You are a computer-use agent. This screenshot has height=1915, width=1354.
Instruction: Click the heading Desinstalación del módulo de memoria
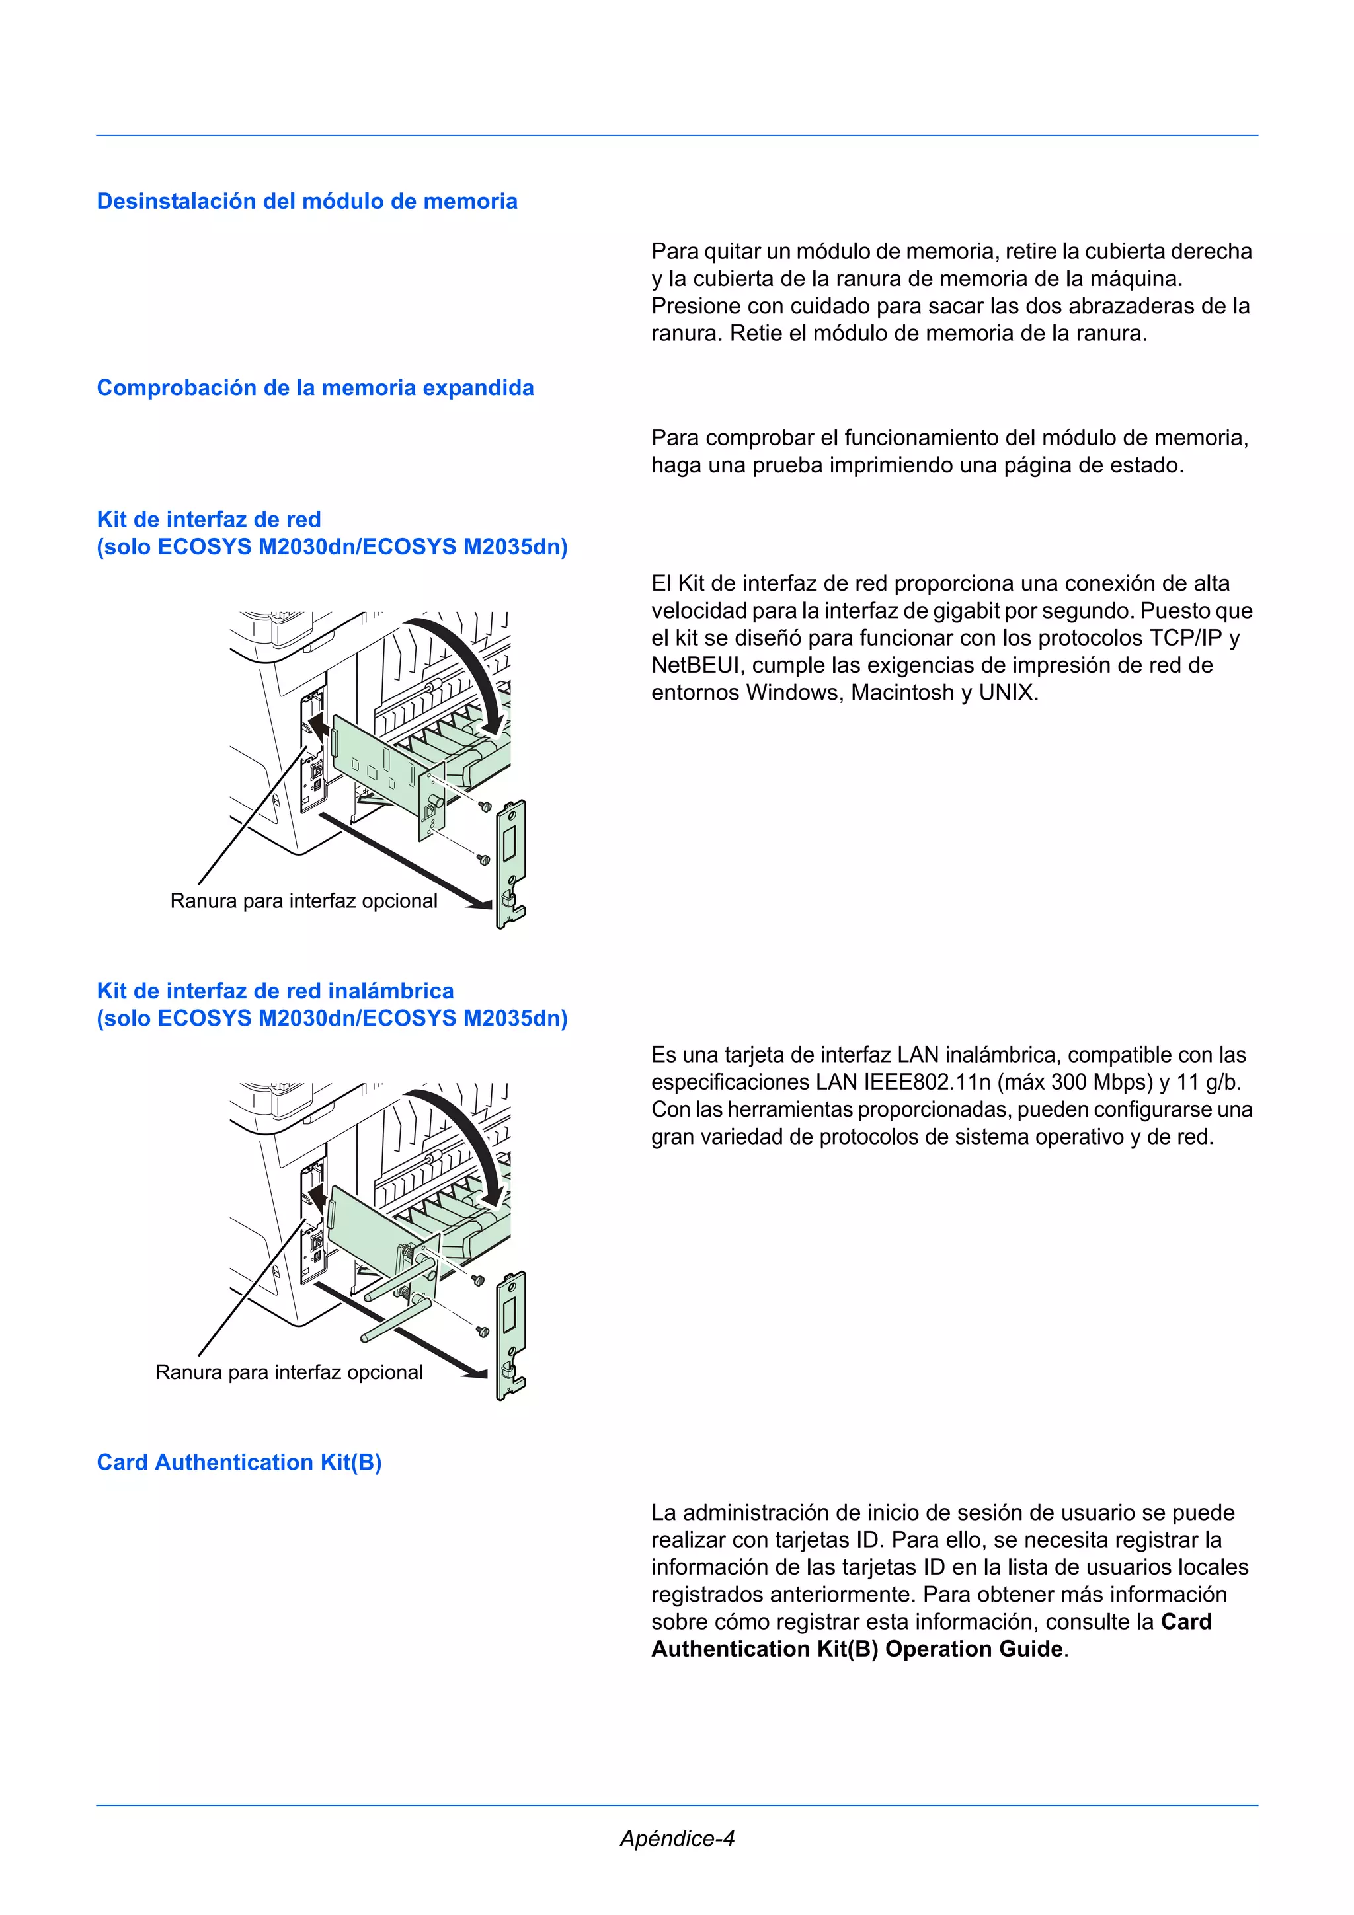coord(307,201)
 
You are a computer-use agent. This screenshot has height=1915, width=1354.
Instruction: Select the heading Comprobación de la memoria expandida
coord(315,388)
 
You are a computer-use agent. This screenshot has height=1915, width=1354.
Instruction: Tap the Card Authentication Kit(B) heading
coord(239,1462)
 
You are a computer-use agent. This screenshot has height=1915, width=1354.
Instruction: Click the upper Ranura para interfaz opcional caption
coord(303,901)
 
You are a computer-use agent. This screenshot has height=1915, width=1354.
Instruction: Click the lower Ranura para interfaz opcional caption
coord(289,1372)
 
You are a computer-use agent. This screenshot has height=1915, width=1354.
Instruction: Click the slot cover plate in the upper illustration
coord(510,863)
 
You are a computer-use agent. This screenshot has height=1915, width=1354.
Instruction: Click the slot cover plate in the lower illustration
coord(510,1335)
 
